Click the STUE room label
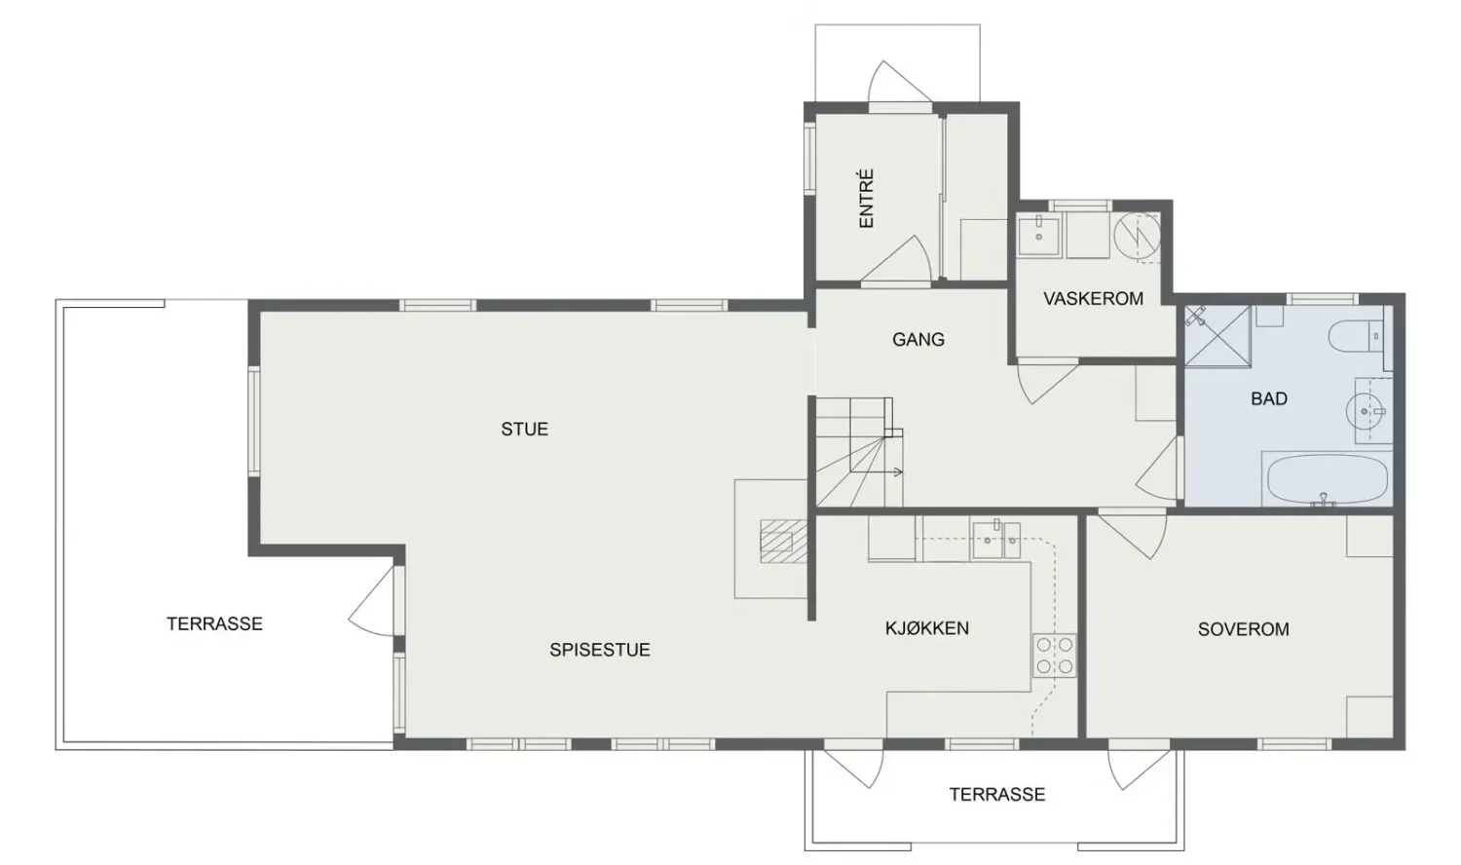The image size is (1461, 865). (524, 430)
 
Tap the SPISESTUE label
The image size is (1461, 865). (599, 650)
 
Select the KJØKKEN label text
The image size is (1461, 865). (927, 628)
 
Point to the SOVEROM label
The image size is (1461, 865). (1243, 629)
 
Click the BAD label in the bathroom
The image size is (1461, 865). (1268, 398)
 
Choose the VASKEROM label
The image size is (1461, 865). (1093, 299)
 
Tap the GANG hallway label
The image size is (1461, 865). (918, 339)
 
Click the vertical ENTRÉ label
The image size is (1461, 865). (866, 199)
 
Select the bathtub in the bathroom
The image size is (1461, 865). (1328, 479)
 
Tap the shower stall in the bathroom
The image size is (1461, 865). (1217, 336)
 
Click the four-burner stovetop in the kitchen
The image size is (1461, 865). (1054, 655)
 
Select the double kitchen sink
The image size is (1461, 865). (996, 539)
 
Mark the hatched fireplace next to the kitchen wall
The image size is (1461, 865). (783, 541)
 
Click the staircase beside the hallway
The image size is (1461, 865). (859, 452)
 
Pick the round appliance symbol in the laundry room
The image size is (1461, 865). (1137, 235)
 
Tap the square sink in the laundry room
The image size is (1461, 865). (1039, 236)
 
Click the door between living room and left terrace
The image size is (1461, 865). (374, 601)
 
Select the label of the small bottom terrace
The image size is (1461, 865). (997, 795)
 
